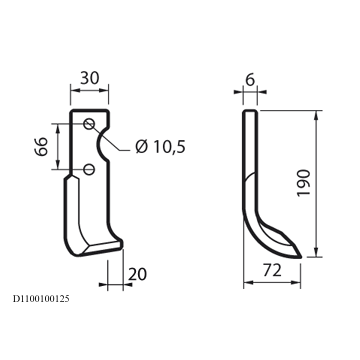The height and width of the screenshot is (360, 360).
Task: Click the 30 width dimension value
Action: tap(90, 78)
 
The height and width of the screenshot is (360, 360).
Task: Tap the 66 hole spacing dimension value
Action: tap(42, 146)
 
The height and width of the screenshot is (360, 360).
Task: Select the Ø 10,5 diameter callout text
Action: tap(160, 146)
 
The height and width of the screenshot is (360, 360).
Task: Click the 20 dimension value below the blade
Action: tap(137, 274)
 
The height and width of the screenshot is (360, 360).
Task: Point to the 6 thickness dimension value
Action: tap(250, 80)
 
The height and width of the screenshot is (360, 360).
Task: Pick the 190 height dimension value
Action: tap(304, 183)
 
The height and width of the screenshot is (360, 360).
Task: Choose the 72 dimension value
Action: tap(272, 271)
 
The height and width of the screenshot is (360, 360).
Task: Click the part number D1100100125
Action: tap(41, 299)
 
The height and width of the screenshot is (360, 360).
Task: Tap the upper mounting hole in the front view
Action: tap(89, 124)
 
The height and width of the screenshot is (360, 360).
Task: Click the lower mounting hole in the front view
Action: tap(89, 169)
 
